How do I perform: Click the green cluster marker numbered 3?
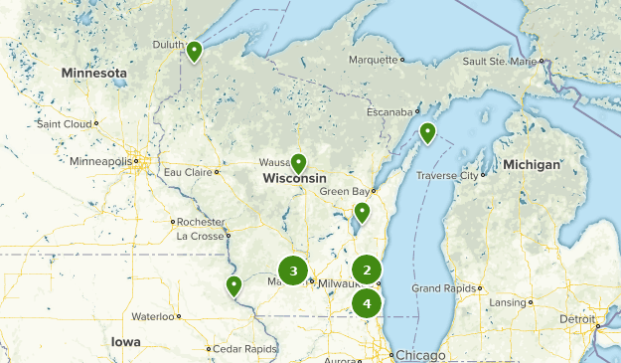click(x=293, y=270)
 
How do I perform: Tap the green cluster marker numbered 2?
click(x=368, y=270)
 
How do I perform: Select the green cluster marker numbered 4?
click(x=368, y=302)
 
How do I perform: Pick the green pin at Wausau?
click(x=298, y=163)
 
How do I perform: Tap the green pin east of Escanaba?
click(x=427, y=132)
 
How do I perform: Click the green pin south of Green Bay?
click(x=362, y=212)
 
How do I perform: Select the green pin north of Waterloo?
click(x=233, y=286)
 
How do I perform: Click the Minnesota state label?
click(x=93, y=74)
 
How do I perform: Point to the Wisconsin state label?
click(x=294, y=179)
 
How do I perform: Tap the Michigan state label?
click(x=531, y=164)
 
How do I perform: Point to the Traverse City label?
click(x=444, y=175)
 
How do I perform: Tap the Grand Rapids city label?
click(x=443, y=288)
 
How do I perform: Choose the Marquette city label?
click(x=372, y=60)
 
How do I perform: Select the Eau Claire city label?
click(x=188, y=172)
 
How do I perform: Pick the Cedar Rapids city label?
click(x=244, y=349)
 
